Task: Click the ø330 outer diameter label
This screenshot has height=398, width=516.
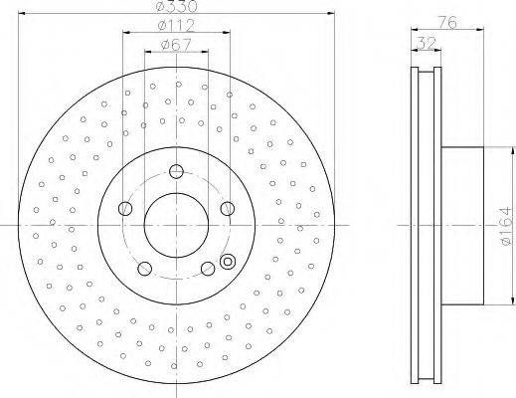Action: [176, 6]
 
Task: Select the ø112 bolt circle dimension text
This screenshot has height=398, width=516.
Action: [176, 26]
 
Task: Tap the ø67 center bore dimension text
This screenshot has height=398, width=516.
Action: [176, 46]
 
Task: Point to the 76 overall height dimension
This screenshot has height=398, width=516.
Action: [447, 22]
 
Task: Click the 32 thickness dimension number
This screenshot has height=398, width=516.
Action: [426, 43]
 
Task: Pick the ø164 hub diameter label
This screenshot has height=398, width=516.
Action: [506, 226]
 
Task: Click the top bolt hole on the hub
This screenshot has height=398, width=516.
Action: [176, 171]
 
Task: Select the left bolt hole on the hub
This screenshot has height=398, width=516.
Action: [125, 208]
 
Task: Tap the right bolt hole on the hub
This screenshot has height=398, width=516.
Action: [228, 208]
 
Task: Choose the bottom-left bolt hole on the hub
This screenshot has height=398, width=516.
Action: [144, 269]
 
